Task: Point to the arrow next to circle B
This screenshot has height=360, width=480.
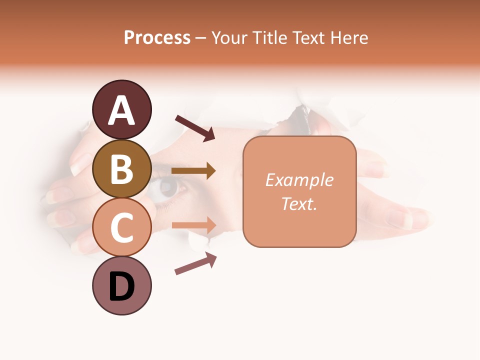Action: click(193, 171)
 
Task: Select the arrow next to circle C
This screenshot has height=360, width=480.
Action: click(193, 225)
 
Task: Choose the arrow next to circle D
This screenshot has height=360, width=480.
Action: click(195, 263)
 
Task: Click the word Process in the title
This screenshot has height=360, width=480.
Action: click(157, 37)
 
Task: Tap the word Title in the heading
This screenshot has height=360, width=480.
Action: click(266, 37)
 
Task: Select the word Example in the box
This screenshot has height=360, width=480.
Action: click(299, 180)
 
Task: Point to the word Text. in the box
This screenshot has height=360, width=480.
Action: click(299, 203)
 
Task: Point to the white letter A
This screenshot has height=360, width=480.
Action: click(122, 110)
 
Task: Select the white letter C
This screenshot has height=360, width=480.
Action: click(122, 227)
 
